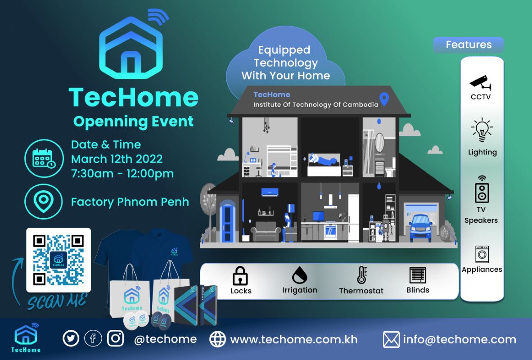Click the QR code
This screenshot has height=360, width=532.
(59, 260)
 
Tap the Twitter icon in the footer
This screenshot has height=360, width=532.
(71, 338)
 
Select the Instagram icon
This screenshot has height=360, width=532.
(115, 338)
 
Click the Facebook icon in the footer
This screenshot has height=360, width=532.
(93, 338)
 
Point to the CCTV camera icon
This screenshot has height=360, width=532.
(480, 82)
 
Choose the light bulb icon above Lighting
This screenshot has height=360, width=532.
(482, 130)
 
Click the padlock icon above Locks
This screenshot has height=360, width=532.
(240, 275)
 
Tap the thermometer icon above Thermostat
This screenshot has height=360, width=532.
(362, 275)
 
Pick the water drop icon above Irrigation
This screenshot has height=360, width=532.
(300, 275)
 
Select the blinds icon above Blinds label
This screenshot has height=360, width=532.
(418, 275)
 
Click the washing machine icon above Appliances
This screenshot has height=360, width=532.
(482, 254)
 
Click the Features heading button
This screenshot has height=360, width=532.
(469, 45)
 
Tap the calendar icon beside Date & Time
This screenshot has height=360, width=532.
(44, 158)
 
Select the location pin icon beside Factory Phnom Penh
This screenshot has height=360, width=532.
(43, 202)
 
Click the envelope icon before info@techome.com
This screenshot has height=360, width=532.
(391, 339)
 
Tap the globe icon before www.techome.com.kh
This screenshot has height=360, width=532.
(217, 339)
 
